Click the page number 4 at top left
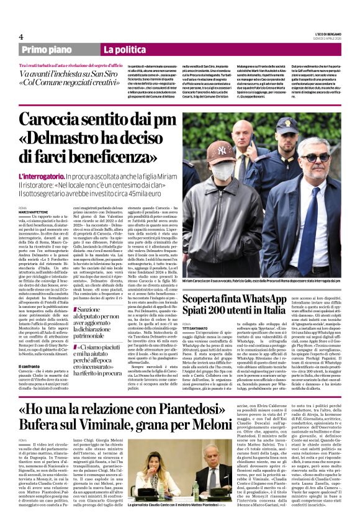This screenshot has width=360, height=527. (21, 37)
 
